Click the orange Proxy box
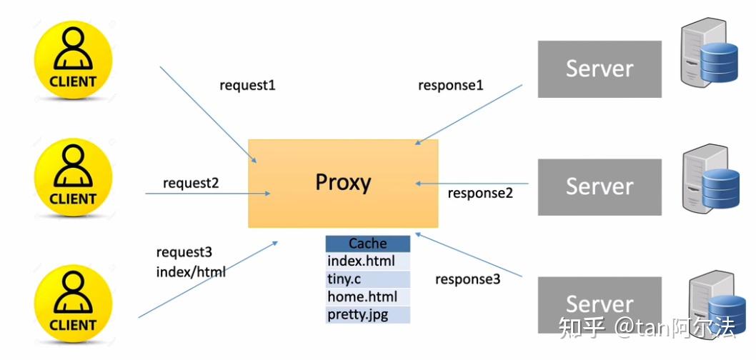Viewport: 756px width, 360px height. pyautogui.click(x=343, y=183)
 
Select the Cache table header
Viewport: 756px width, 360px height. pyautogui.click(x=368, y=244)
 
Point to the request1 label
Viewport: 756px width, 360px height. pyautogui.click(x=247, y=86)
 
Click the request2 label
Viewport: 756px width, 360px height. pyautogui.click(x=191, y=183)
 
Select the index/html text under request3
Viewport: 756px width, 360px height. pyautogui.click(x=191, y=271)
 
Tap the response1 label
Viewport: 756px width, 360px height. pyautogui.click(x=451, y=86)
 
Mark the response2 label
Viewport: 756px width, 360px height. pyautogui.click(x=480, y=193)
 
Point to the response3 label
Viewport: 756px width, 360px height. pyautogui.click(x=468, y=279)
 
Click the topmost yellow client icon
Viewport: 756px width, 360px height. pyautogui.click(x=73, y=57)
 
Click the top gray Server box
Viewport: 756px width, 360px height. pyautogui.click(x=600, y=69)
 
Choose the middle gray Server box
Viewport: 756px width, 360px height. pyautogui.click(x=600, y=186)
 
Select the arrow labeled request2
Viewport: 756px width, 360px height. pyautogui.click(x=207, y=193)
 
